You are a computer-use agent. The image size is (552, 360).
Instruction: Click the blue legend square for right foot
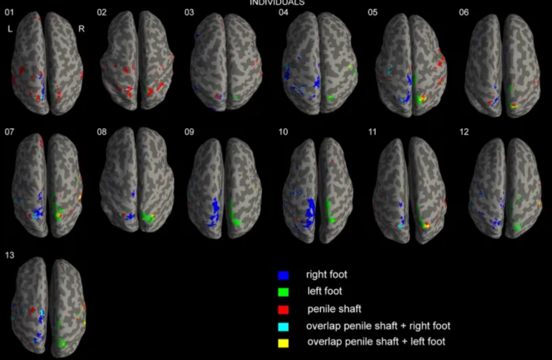pyautogui.click(x=283, y=274)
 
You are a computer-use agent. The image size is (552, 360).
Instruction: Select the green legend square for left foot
pyautogui.click(x=283, y=292)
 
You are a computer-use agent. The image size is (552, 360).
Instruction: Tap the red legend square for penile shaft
pyautogui.click(x=283, y=309)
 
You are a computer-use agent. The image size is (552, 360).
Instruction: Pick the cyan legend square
pyautogui.click(x=283, y=326)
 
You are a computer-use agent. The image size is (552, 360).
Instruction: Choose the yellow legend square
pyautogui.click(x=283, y=343)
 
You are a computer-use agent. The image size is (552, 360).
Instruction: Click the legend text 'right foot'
pyautogui.click(x=327, y=274)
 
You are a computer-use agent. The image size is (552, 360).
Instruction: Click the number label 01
pyautogui.click(x=9, y=12)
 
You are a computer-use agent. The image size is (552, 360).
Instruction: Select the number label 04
pyautogui.click(x=284, y=12)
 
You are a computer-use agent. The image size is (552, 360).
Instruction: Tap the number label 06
pyautogui.click(x=464, y=12)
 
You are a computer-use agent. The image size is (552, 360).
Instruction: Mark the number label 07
pyautogui.click(x=9, y=133)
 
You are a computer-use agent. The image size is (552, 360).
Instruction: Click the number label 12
pyautogui.click(x=464, y=133)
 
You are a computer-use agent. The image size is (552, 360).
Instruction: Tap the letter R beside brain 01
pyautogui.click(x=82, y=29)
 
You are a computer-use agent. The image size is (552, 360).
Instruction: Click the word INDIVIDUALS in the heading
pyautogui.click(x=277, y=3)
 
